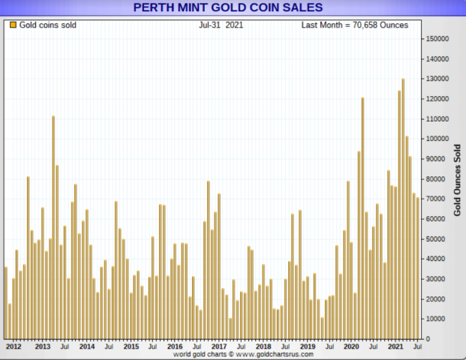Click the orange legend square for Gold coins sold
point(13,25)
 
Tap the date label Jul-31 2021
point(221,25)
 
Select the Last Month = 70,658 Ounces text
point(354,25)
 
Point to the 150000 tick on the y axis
point(436,39)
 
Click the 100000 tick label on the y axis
point(436,139)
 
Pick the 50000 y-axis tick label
point(437,238)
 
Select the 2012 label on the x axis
point(14,346)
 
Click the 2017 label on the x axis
point(219,346)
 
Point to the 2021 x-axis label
point(395,346)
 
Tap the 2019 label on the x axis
point(308,346)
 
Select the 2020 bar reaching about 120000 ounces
point(362,217)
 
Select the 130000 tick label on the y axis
point(436,79)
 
